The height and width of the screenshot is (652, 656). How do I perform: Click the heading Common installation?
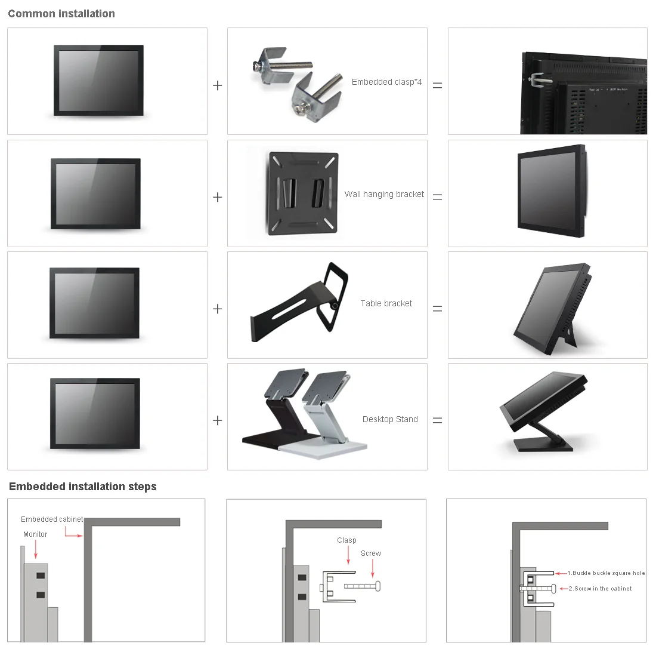[x=61, y=14]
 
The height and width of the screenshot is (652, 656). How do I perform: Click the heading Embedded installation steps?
[x=83, y=487]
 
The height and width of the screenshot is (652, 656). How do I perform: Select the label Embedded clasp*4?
[x=386, y=82]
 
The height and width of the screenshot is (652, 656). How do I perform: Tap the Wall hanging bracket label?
[x=384, y=194]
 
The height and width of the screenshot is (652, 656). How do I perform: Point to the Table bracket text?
[x=386, y=303]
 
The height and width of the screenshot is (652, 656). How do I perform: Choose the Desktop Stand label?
[x=390, y=419]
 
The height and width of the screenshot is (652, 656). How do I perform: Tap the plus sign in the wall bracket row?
[x=217, y=197]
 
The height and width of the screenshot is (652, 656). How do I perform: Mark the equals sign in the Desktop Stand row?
[x=437, y=420]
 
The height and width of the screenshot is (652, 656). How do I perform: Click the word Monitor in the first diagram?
[x=35, y=534]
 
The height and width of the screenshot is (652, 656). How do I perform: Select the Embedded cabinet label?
[x=52, y=519]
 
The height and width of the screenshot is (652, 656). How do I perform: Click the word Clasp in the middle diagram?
[x=346, y=540]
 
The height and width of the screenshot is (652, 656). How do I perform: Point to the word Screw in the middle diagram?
[x=371, y=553]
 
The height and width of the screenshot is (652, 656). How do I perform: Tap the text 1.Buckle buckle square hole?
[x=606, y=573]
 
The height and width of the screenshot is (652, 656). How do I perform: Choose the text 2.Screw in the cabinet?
[x=600, y=589]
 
